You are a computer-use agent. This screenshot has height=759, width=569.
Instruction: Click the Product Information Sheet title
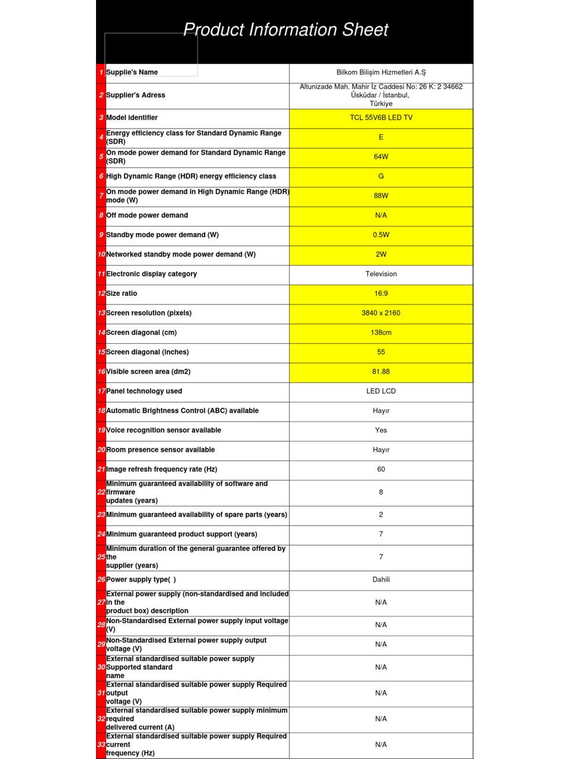(x=285, y=30)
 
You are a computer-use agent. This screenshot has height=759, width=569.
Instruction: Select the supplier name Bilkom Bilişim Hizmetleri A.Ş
(x=381, y=72)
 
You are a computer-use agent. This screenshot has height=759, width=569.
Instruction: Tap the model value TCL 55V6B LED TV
(x=381, y=117)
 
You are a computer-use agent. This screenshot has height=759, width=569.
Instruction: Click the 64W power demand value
(x=381, y=157)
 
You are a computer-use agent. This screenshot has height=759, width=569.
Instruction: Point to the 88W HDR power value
(x=381, y=196)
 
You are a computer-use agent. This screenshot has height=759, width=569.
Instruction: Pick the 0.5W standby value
(x=381, y=235)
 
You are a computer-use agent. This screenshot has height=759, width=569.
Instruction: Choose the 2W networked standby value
(x=381, y=254)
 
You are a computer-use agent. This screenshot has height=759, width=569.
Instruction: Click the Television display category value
(x=381, y=274)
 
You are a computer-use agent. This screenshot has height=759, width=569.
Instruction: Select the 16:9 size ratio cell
(x=381, y=294)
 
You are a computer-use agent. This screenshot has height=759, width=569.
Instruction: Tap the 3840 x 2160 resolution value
(x=381, y=313)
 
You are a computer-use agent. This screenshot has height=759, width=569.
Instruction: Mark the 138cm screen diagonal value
(x=381, y=333)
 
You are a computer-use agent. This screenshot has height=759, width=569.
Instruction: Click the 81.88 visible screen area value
(x=381, y=372)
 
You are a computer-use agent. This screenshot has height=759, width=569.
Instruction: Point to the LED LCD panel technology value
(x=381, y=391)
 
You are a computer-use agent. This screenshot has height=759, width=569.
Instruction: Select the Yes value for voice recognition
(x=381, y=430)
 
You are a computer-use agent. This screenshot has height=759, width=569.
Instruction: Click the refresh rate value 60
(x=381, y=470)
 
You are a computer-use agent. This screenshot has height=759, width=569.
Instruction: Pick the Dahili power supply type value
(x=381, y=580)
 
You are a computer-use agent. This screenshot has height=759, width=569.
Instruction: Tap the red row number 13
(x=101, y=313)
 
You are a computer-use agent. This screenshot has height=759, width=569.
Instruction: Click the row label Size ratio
(x=122, y=294)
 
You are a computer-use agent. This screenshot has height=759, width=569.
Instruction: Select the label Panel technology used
(x=144, y=391)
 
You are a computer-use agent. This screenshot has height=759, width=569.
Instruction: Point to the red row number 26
(x=101, y=580)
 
